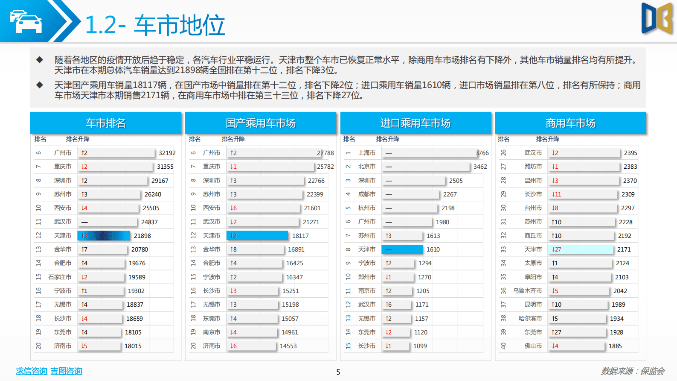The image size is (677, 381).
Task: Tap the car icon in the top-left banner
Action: point(26,21)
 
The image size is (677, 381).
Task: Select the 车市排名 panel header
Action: point(106,123)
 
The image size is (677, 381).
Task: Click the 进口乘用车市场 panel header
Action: point(415,123)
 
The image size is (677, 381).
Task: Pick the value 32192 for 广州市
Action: point(167,153)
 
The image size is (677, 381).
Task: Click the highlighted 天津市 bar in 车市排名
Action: point(104,236)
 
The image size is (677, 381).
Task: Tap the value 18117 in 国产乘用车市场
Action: point(300,236)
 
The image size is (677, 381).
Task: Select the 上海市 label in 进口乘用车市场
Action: point(367,153)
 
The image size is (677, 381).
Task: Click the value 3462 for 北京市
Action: point(480,167)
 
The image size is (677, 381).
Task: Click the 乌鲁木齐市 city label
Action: point(527,291)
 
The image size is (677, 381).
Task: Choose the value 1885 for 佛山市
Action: point(615,346)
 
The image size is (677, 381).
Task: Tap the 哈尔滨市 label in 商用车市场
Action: point(530,319)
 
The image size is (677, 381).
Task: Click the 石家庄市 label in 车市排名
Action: point(60,277)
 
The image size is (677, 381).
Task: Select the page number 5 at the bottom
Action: point(338,372)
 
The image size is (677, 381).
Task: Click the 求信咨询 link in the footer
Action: point(31,371)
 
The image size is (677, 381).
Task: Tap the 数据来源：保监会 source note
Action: point(633,371)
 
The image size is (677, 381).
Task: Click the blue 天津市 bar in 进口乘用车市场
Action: point(402,249)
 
